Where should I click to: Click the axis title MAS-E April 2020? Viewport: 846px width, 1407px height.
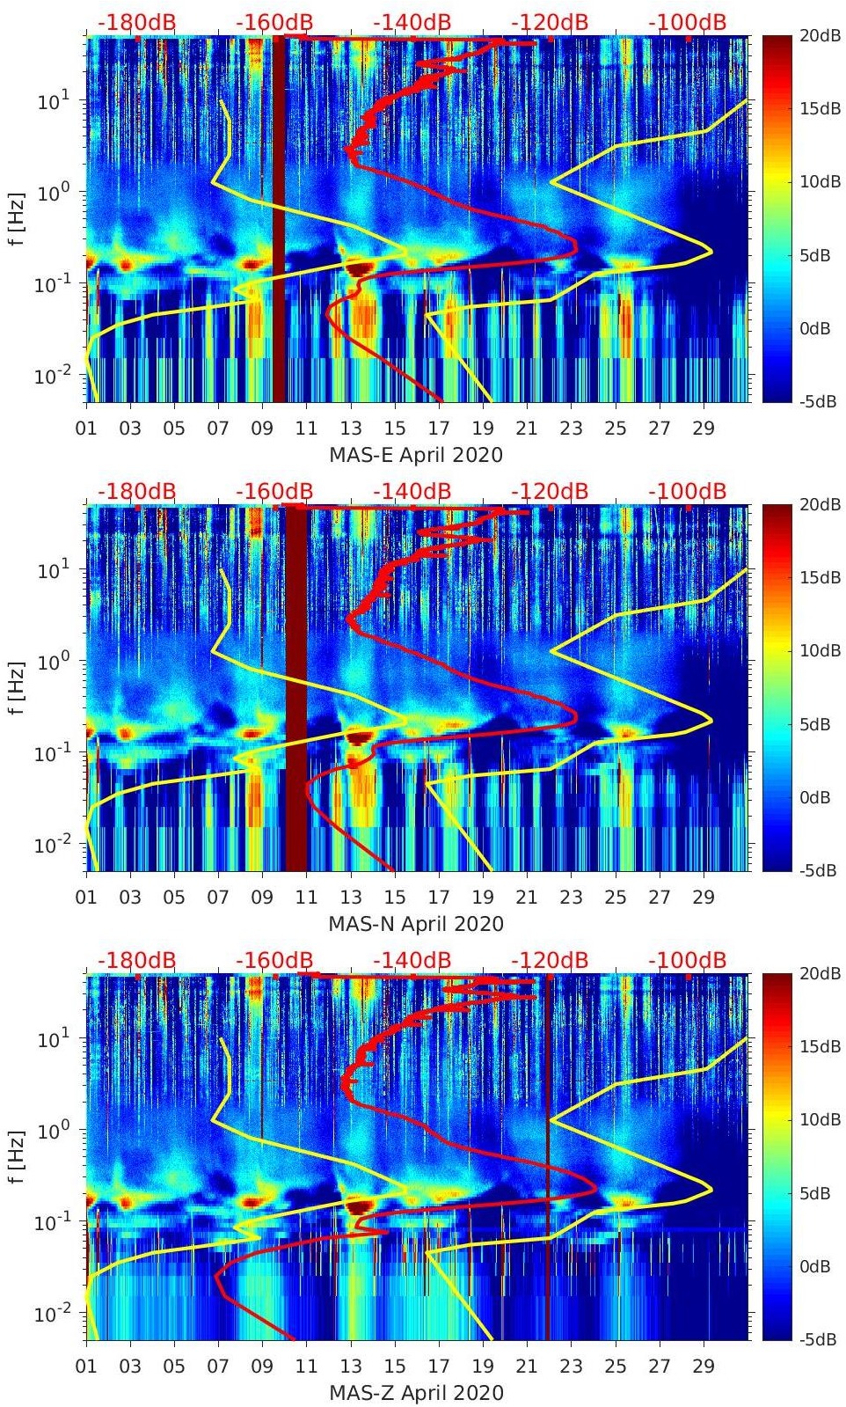416,455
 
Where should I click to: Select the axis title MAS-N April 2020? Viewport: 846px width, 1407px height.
416,924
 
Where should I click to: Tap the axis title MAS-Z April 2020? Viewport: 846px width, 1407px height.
416,1393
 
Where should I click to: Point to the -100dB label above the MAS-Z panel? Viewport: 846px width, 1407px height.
688,960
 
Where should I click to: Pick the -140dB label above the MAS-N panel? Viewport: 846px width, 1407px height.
412,491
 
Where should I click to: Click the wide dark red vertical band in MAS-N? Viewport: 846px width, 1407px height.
297,704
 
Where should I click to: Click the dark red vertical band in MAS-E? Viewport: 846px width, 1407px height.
279,220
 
